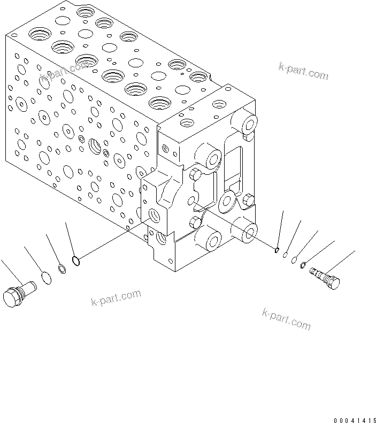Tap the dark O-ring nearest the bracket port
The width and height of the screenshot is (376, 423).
(76, 262)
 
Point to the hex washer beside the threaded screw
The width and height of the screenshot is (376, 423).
(303, 264)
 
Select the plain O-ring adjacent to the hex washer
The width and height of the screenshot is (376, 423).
(294, 259)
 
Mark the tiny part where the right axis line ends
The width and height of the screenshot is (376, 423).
(277, 249)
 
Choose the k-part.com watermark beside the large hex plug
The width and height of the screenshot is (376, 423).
(116, 298)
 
